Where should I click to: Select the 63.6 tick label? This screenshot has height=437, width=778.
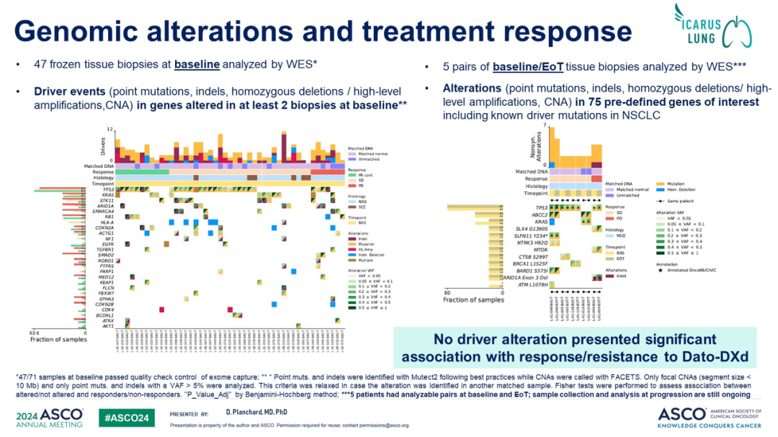34,333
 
